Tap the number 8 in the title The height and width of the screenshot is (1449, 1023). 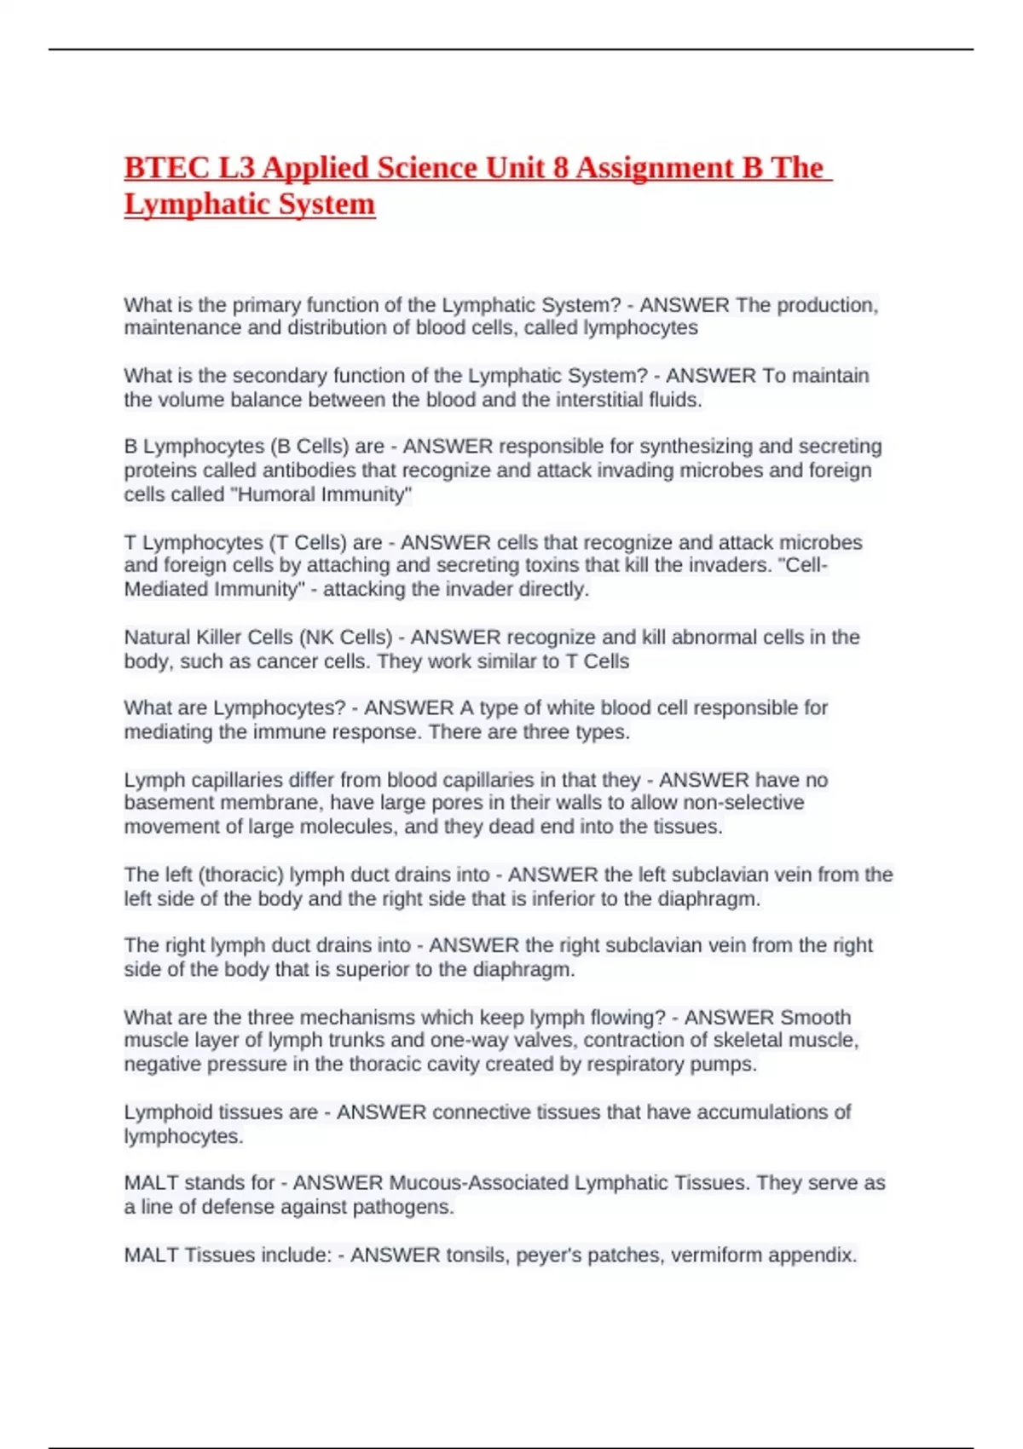click(x=560, y=168)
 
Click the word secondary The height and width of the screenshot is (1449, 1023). click(x=280, y=376)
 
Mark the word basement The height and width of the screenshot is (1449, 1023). click(x=169, y=803)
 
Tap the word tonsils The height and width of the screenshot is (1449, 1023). click(x=477, y=1256)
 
